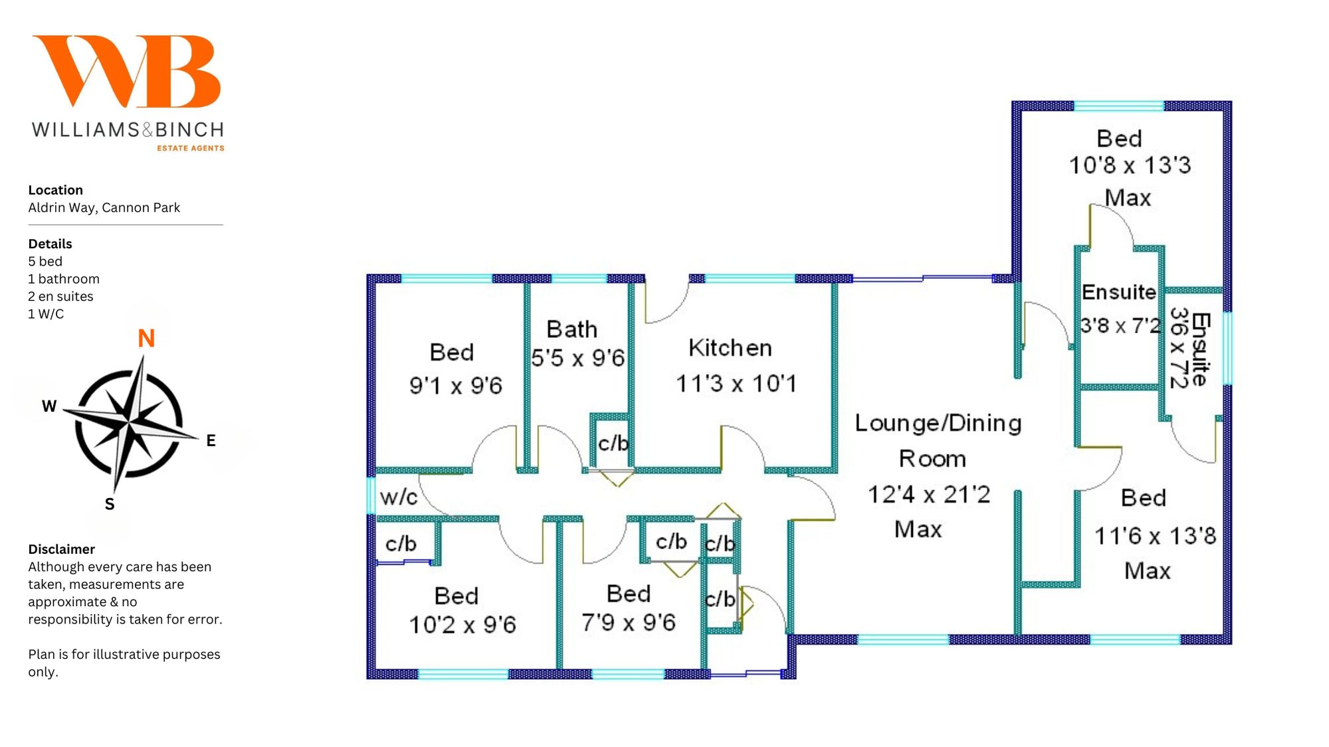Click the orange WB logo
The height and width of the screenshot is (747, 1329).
[x=127, y=71]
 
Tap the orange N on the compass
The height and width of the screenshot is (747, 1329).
[x=146, y=339]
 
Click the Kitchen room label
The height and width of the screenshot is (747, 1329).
[x=730, y=348]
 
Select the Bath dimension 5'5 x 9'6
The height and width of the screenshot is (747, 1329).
[x=577, y=359]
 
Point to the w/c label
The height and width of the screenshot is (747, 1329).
[x=399, y=497]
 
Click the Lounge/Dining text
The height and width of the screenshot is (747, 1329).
[x=938, y=423]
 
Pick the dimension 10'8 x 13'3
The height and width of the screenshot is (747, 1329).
[x=1130, y=165]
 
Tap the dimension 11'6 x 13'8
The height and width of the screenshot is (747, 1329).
[x=1155, y=536]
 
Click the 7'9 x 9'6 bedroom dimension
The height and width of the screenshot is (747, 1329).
[x=628, y=623]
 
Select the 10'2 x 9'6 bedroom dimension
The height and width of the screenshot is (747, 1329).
[x=462, y=625]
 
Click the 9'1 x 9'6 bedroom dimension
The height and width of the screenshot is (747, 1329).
[x=456, y=385]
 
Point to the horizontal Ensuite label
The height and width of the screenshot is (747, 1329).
[x=1119, y=292]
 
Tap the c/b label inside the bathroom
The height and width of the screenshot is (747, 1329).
[x=613, y=443]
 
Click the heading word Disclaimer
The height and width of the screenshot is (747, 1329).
[x=61, y=549]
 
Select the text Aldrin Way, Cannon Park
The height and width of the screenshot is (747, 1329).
[x=104, y=208]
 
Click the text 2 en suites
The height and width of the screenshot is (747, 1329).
[x=60, y=296]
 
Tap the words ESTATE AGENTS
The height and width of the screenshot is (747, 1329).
[x=191, y=148]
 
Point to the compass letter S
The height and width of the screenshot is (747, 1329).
[x=110, y=505]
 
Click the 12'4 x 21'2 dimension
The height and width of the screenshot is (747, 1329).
[x=929, y=495]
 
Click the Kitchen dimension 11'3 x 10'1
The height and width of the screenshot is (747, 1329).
[x=736, y=384]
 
